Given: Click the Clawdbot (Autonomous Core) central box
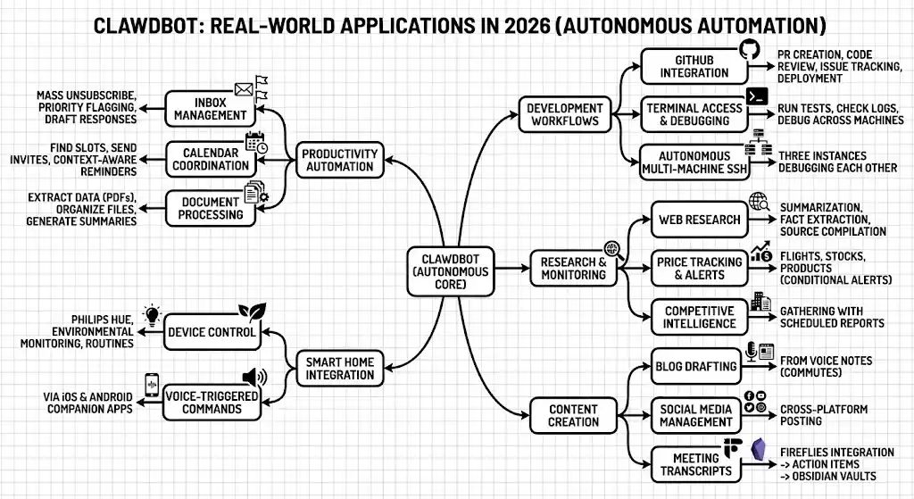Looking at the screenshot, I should [451, 269].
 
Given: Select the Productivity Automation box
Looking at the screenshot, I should [339, 161].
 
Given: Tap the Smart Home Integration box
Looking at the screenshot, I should [339, 368].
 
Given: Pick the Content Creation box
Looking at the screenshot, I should [574, 416].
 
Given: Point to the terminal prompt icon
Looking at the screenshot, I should [759, 96].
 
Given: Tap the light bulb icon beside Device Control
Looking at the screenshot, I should [151, 315].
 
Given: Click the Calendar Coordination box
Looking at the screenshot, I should [210, 159].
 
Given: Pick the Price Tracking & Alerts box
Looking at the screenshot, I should [699, 269].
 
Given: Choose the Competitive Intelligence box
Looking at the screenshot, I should [700, 317].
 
